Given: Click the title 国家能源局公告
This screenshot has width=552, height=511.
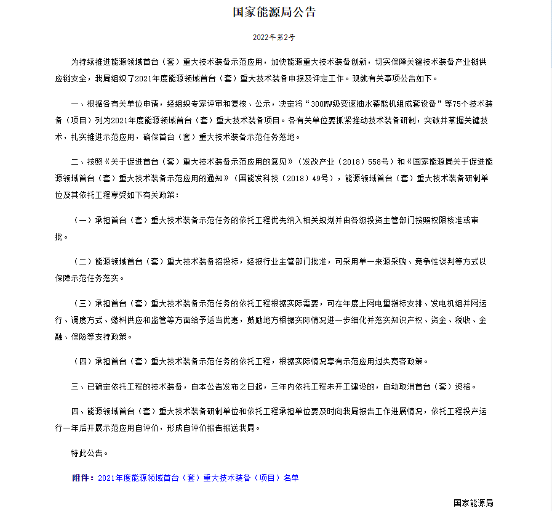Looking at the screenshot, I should pos(275,12).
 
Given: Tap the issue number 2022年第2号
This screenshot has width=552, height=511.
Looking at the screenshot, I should pos(275,38).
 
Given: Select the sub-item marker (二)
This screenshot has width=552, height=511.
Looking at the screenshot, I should pos(82,261).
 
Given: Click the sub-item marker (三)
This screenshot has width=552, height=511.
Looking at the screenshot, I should pos(82,304).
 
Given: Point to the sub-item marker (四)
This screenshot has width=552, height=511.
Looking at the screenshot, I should pos(82,361).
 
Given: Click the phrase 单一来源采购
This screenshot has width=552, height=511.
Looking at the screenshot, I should pos(374,261).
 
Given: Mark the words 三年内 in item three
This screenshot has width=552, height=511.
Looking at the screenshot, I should pos(282,387).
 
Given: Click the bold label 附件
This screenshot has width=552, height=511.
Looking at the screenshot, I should pos(82,478).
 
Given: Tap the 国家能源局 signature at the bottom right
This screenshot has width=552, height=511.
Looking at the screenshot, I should pos(473,503).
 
